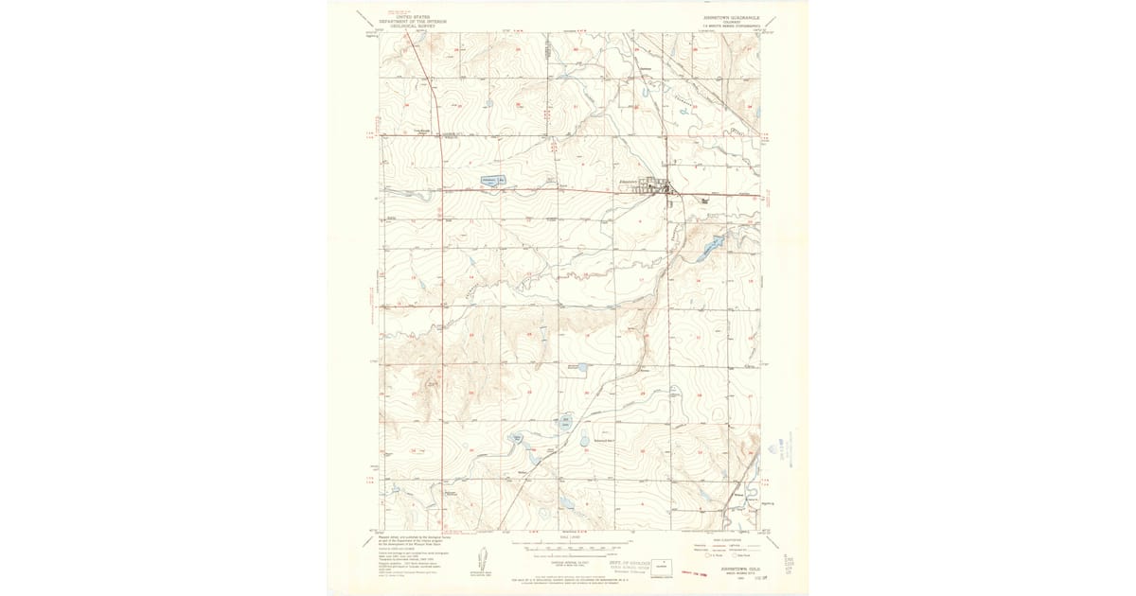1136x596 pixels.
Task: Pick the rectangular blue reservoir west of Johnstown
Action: (x=489, y=180)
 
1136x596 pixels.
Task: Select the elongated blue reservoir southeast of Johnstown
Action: (x=709, y=250)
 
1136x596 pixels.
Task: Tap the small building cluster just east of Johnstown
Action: (x=704, y=201)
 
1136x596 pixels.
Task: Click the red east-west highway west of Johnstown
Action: (x=530, y=191)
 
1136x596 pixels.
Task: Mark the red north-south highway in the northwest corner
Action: (x=433, y=85)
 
